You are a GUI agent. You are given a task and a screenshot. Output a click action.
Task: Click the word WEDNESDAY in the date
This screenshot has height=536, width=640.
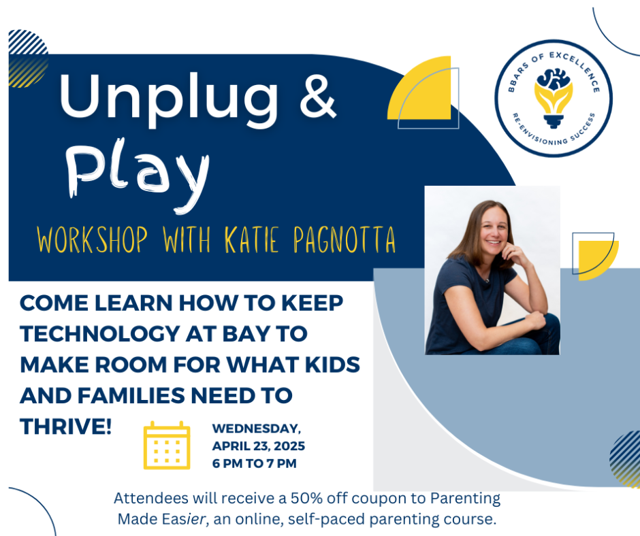(x=256, y=429)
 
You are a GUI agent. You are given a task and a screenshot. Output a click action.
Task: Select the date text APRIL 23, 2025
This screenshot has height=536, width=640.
(x=258, y=447)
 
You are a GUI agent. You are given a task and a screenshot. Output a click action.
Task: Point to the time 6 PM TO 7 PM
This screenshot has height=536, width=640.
(x=254, y=464)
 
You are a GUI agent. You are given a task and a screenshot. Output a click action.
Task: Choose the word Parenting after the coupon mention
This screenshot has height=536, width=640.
(x=462, y=498)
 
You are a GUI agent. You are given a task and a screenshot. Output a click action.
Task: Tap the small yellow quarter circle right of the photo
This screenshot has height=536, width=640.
(x=600, y=256)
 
